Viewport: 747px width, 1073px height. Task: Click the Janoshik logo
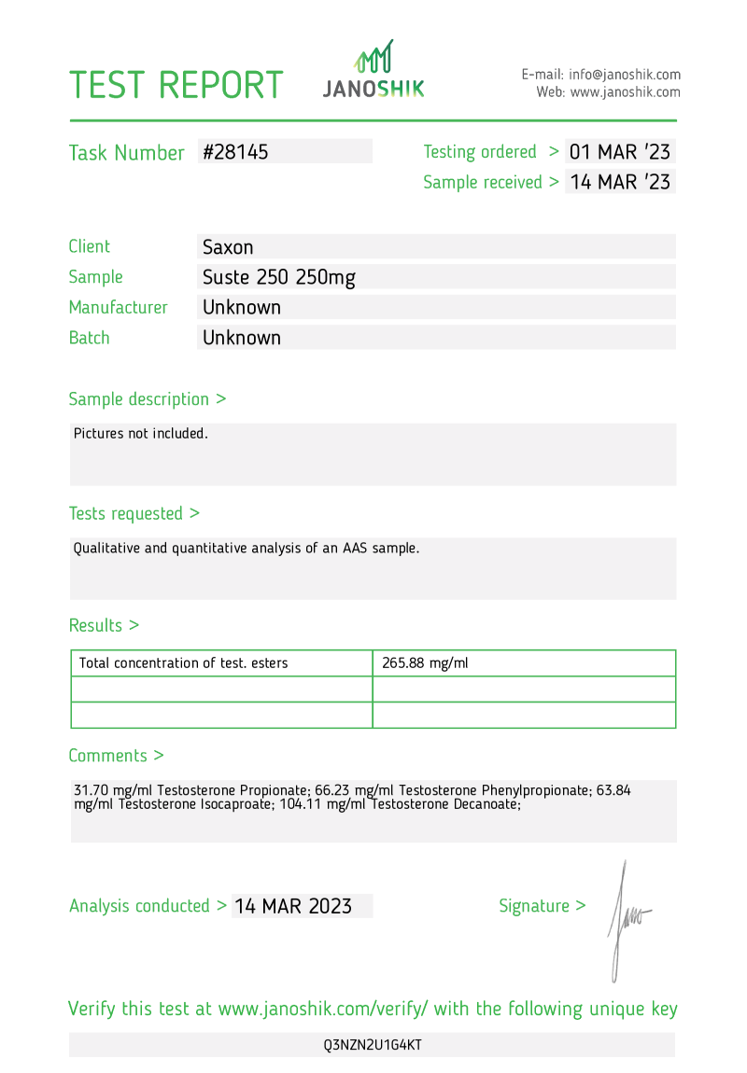373,71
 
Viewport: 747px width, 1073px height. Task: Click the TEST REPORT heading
176,85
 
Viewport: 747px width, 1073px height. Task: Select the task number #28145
235,152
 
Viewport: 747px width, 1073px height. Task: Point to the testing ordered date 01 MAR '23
620,152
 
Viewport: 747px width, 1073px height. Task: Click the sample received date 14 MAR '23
620,182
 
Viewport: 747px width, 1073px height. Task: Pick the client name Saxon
229,247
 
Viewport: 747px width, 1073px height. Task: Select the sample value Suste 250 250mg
279,277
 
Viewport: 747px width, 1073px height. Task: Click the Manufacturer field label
119,307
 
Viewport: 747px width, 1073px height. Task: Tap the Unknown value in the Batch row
242,338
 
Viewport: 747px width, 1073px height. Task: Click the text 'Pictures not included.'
141,433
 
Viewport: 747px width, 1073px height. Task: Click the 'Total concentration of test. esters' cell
184,663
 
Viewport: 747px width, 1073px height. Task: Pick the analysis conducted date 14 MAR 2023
293,906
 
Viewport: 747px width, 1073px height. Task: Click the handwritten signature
625,919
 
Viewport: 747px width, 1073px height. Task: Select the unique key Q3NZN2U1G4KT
373,1045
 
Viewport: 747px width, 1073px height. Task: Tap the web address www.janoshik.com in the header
625,92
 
